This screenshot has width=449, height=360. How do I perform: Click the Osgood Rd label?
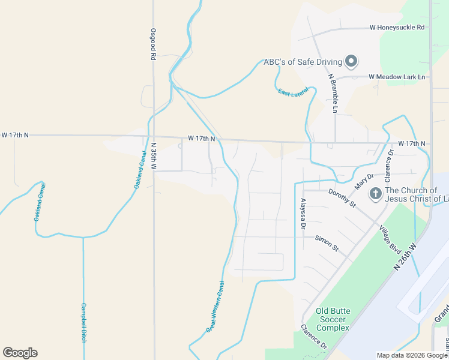click(153, 44)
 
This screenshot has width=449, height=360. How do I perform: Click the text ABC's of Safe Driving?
click(303, 62)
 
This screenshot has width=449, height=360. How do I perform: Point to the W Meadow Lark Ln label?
click(397, 77)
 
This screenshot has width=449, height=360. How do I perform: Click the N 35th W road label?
click(153, 156)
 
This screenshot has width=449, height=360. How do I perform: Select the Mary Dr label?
click(364, 181)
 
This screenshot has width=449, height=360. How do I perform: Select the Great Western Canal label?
click(215, 306)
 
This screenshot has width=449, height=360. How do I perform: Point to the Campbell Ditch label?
click(83, 322)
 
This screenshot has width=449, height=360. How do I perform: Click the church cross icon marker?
click(375, 193)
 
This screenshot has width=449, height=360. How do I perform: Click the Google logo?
click(20, 353)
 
